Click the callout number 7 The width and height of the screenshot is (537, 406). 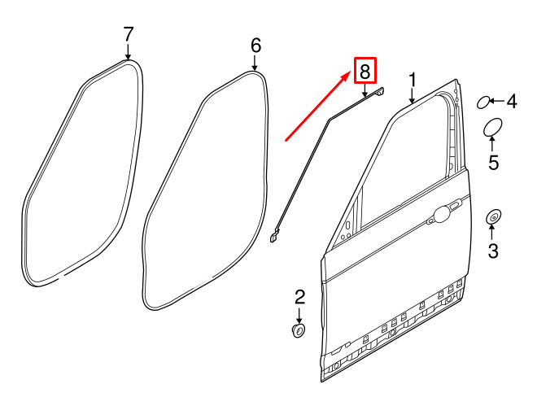[128, 35]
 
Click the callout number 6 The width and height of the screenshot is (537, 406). [255, 46]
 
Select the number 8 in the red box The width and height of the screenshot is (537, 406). [365, 72]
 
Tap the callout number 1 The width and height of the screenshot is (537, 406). [413, 80]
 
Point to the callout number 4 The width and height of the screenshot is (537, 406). [512, 102]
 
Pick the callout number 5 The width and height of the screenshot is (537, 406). [493, 162]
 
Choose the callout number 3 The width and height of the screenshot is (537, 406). [493, 251]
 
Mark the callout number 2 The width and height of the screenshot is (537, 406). [299, 297]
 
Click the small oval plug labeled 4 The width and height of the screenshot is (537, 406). [483, 103]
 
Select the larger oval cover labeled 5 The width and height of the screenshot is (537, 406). [493, 128]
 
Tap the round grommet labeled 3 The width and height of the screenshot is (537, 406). [494, 216]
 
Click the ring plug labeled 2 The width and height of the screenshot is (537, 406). [299, 330]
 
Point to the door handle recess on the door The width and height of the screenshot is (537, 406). [443, 214]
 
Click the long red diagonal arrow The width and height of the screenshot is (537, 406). [318, 106]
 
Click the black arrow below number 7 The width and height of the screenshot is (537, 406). [128, 52]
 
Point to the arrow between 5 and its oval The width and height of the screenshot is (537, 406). [492, 143]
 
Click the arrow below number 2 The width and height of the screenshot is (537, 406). [299, 316]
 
